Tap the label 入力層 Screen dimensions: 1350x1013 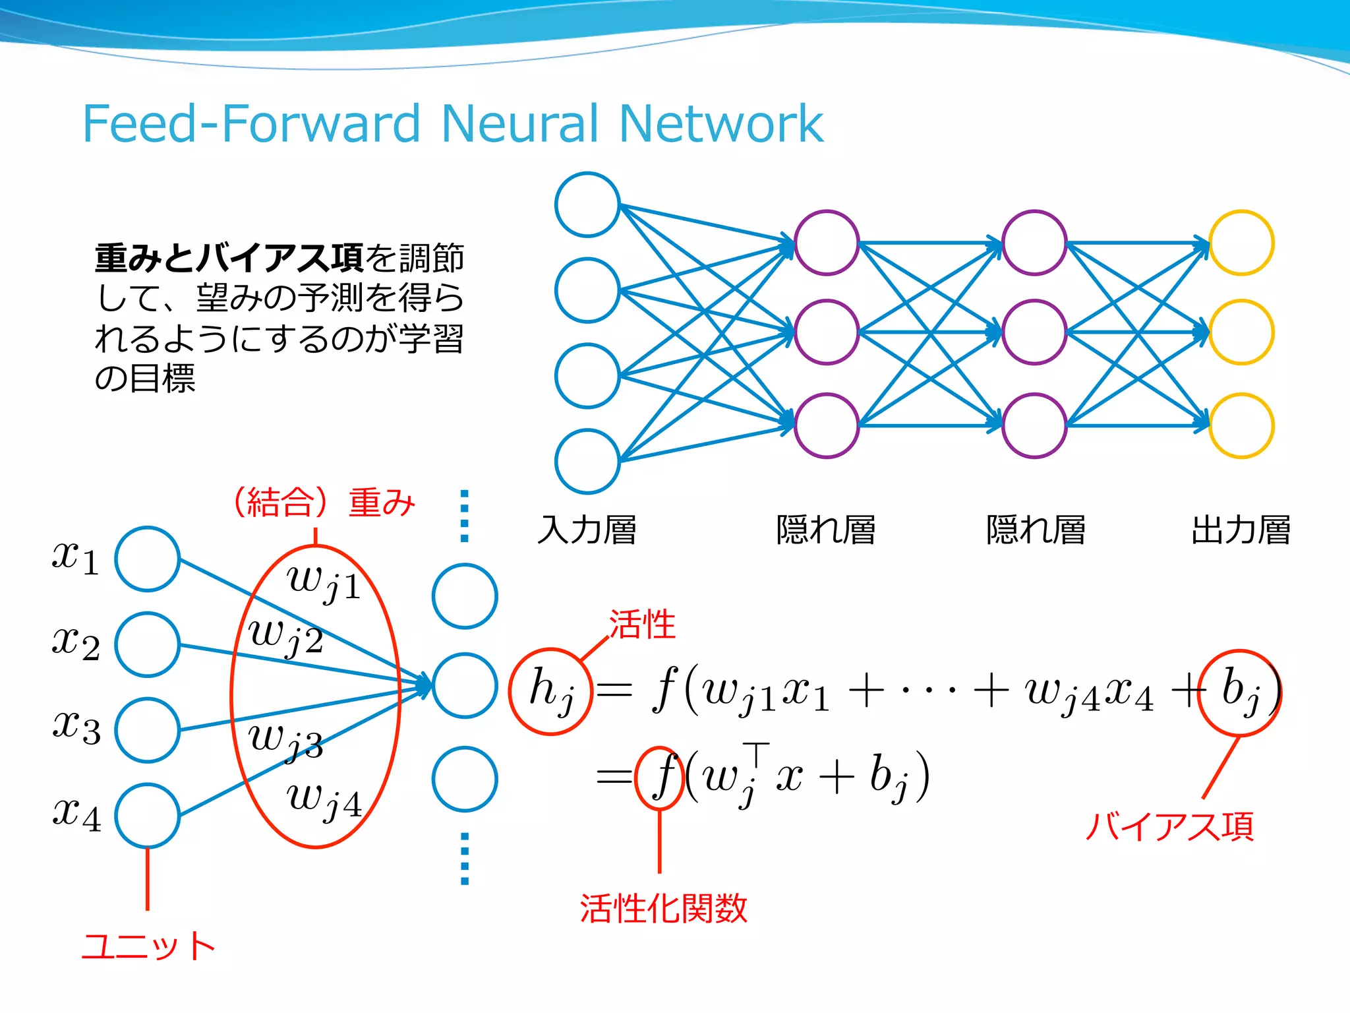coord(587,530)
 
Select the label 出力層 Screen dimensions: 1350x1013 coord(1241,530)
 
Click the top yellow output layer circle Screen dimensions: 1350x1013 coord(1241,243)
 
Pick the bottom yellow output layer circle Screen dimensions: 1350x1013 coord(1241,425)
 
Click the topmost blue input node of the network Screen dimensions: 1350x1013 coord(587,204)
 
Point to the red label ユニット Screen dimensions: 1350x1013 coord(148,946)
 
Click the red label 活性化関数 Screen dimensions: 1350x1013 coord(663,908)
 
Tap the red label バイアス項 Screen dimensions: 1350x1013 coord(1169,826)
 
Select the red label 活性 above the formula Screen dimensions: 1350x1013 coord(641,624)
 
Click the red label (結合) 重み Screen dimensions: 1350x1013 coord(323,503)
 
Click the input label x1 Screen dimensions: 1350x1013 coord(75,558)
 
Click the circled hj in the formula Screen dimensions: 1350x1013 coord(551,691)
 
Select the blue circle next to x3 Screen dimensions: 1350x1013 coord(148,730)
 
